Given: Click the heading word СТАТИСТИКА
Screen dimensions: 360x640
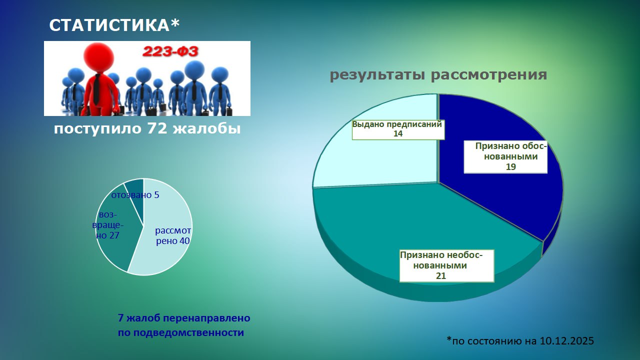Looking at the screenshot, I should pyautogui.click(x=110, y=25).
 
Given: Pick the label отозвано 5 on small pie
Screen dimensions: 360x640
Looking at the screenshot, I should pyautogui.click(x=135, y=195).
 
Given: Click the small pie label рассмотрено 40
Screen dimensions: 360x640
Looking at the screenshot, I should pyautogui.click(x=172, y=236).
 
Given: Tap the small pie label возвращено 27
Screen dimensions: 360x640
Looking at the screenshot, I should pyautogui.click(x=108, y=225).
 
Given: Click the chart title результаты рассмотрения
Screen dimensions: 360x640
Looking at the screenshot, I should pyautogui.click(x=438, y=75).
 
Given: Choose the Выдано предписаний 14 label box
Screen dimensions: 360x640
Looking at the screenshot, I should pyautogui.click(x=397, y=129).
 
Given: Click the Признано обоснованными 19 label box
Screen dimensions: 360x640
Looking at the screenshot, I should pyautogui.click(x=505, y=156).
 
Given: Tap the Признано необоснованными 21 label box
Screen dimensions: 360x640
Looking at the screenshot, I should pyautogui.click(x=446, y=265).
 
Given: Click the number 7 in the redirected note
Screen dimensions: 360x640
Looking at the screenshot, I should pyautogui.click(x=120, y=318).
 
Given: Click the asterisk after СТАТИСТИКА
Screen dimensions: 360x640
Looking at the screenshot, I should pyautogui.click(x=175, y=23).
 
